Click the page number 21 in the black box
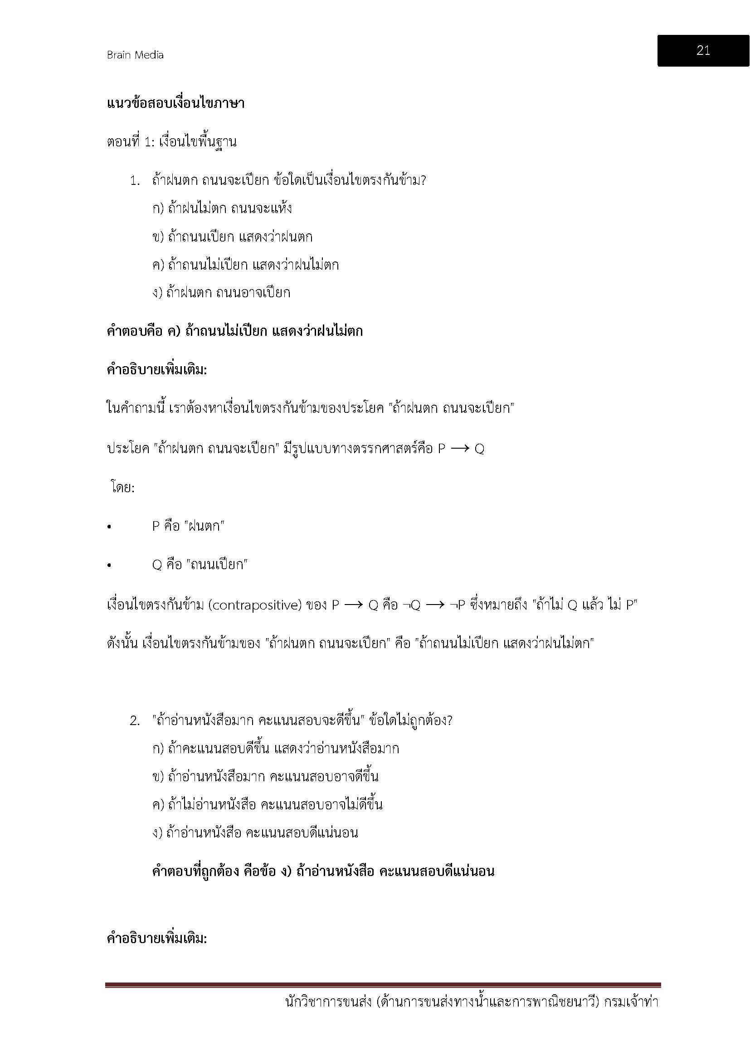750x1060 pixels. tap(703, 50)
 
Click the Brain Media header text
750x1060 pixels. tap(135, 55)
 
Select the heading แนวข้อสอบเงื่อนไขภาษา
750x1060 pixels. tap(175, 103)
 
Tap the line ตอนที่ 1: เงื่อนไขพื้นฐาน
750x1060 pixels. tap(171, 142)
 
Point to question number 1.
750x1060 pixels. tap(134, 181)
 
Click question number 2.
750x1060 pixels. tap(134, 721)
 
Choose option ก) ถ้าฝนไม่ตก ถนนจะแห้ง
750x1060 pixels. tap(222, 208)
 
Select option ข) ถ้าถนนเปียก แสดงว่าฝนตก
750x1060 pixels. tap(232, 237)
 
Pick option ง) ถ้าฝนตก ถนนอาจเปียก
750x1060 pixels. tap(221, 293)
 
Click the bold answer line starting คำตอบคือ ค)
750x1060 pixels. tap(234, 331)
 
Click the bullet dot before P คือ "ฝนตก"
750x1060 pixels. tap(109, 527)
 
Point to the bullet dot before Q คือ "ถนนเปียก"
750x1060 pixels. tap(109, 565)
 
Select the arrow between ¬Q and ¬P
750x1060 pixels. tap(435, 605)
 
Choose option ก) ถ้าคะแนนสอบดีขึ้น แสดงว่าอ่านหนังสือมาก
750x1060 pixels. tap(276, 748)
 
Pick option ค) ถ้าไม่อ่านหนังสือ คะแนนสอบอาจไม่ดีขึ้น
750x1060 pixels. tap(267, 805)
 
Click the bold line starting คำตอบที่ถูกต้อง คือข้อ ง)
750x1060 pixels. tap(323, 871)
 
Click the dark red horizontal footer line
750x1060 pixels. tap(383, 985)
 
